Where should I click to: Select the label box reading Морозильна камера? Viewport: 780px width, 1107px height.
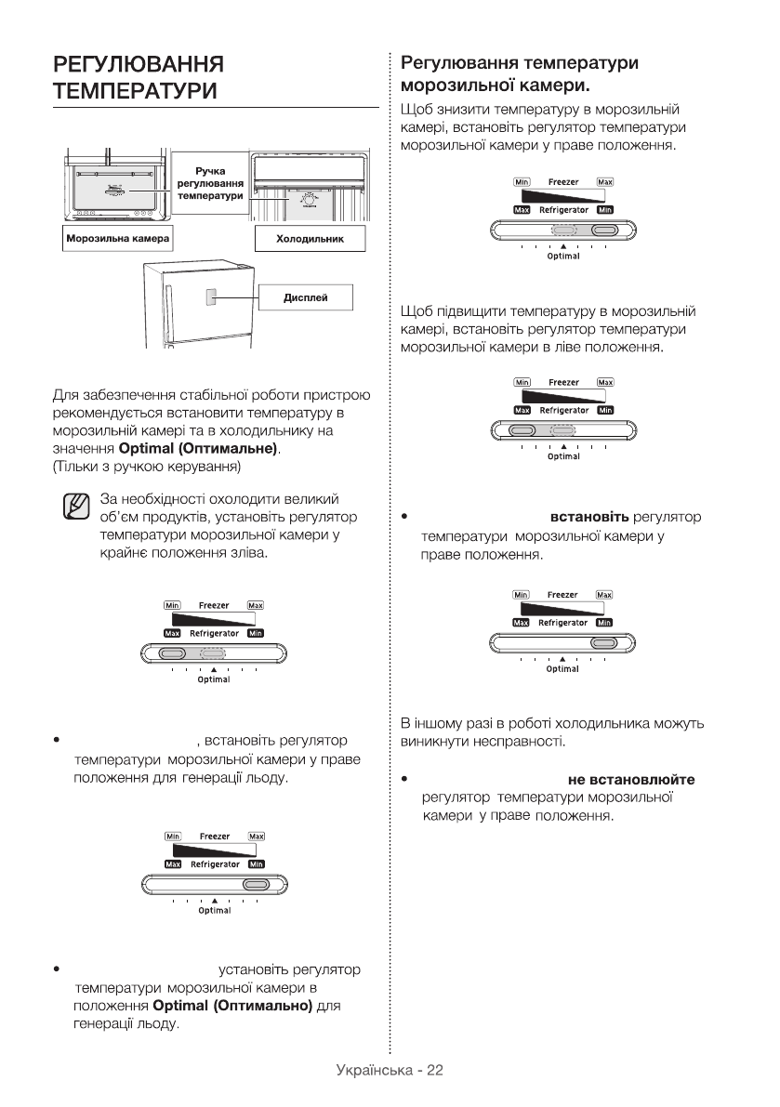(116, 239)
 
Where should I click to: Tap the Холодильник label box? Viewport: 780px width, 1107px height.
(311, 239)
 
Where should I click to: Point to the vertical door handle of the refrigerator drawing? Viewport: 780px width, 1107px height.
(171, 316)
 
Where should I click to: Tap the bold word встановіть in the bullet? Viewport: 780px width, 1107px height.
(589, 517)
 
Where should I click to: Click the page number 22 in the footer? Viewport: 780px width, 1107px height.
(434, 1071)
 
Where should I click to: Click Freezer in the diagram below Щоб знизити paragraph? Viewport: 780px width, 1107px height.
(563, 182)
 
